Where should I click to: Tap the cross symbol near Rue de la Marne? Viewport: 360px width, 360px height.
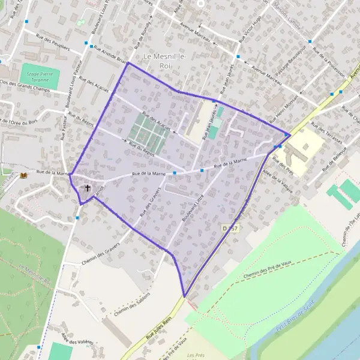[88, 188]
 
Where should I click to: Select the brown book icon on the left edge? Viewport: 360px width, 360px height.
[24, 175]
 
